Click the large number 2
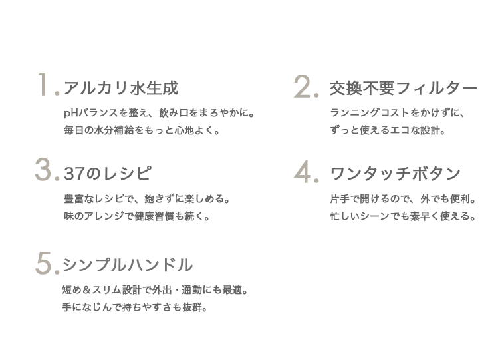coord(304,87)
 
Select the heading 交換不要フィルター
coord(403,89)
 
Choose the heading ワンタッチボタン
coord(395,174)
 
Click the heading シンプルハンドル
coord(127,265)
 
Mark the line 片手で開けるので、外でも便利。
coord(402,199)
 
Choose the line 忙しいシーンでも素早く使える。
coord(402,216)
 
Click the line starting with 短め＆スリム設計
coord(155,291)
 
